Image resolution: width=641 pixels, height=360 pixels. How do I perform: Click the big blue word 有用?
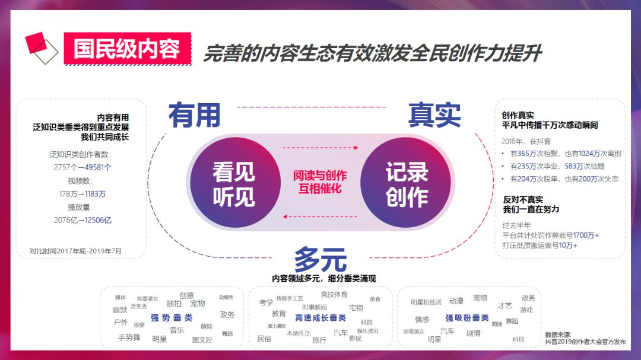tap(194, 115)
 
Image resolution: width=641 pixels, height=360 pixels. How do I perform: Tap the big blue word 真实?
tap(434, 115)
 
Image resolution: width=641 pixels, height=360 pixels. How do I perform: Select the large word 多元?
tap(320, 259)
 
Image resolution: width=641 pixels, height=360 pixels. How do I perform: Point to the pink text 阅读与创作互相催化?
tap(320, 183)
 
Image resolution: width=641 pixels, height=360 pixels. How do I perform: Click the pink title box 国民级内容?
tap(128, 49)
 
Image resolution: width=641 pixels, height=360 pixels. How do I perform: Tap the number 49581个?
tap(96, 167)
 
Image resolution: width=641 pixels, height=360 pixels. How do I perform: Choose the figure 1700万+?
tap(586, 235)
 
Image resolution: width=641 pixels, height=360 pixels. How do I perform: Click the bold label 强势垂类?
tap(172, 317)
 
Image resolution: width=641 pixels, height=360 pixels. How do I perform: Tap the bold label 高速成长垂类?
tap(320, 318)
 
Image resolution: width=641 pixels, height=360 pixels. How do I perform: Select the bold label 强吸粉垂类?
tap(467, 318)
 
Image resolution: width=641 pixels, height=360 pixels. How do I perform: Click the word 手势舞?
tap(129, 337)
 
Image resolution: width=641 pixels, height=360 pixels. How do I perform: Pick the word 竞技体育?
tap(334, 294)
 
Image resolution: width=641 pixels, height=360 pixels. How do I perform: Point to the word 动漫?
tap(456, 301)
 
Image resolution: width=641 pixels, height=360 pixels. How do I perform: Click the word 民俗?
tap(264, 339)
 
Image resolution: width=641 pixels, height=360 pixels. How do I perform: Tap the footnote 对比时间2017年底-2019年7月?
tap(75, 251)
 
